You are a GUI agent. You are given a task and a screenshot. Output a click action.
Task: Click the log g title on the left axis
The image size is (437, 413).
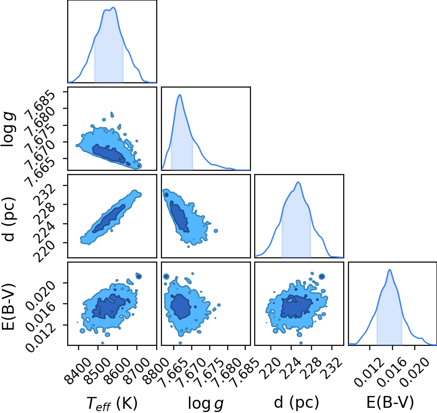pyautogui.click(x=8, y=129)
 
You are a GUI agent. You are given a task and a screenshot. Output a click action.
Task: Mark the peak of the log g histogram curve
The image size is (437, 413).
pyautogui.click(x=180, y=95)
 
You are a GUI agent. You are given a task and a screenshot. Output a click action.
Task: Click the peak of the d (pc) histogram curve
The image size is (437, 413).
pyautogui.click(x=298, y=182)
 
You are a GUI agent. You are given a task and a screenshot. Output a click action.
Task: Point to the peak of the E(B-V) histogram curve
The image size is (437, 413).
pyautogui.click(x=390, y=270)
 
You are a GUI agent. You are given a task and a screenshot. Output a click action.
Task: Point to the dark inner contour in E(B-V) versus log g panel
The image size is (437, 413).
pyautogui.click(x=181, y=307)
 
